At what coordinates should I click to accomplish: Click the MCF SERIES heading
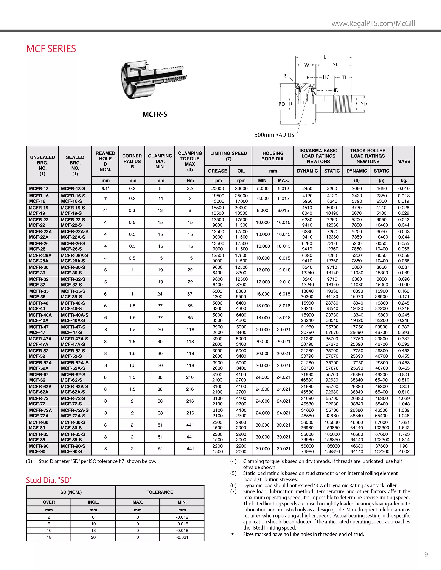(51, 49)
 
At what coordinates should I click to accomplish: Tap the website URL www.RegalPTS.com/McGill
(373, 23)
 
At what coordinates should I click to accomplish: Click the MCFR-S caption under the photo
(155, 114)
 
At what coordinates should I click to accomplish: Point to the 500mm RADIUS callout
(274, 135)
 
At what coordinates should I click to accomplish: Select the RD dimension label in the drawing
(281, 104)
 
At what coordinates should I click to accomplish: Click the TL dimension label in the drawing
(344, 77)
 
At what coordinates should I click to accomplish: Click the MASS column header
(404, 161)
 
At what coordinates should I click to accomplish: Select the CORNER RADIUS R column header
(132, 161)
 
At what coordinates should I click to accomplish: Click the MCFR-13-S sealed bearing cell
(73, 188)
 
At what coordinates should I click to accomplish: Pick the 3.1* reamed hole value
(105, 188)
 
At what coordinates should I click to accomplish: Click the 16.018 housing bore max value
(283, 294)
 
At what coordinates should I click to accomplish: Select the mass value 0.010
(404, 188)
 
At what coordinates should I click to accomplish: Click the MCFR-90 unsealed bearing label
(39, 446)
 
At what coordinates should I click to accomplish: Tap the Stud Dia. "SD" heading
(49, 480)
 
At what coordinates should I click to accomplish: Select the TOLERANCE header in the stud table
(160, 492)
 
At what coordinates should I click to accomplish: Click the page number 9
(426, 554)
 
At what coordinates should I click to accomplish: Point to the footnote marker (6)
(233, 485)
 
